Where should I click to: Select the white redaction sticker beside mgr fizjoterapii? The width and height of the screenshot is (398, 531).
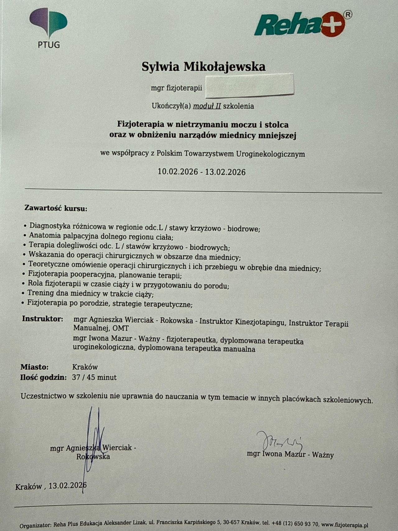(250, 85)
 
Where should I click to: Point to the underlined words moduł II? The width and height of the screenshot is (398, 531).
(207, 106)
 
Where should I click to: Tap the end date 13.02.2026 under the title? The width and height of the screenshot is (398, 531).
(225, 172)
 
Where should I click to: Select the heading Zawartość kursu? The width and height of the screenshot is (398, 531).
(56, 208)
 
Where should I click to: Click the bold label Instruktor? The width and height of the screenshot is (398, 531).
(43, 319)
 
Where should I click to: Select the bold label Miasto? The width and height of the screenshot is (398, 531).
(35, 367)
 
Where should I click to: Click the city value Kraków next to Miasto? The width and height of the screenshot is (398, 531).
(85, 367)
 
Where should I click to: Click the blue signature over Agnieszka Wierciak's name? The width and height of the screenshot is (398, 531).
(93, 442)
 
